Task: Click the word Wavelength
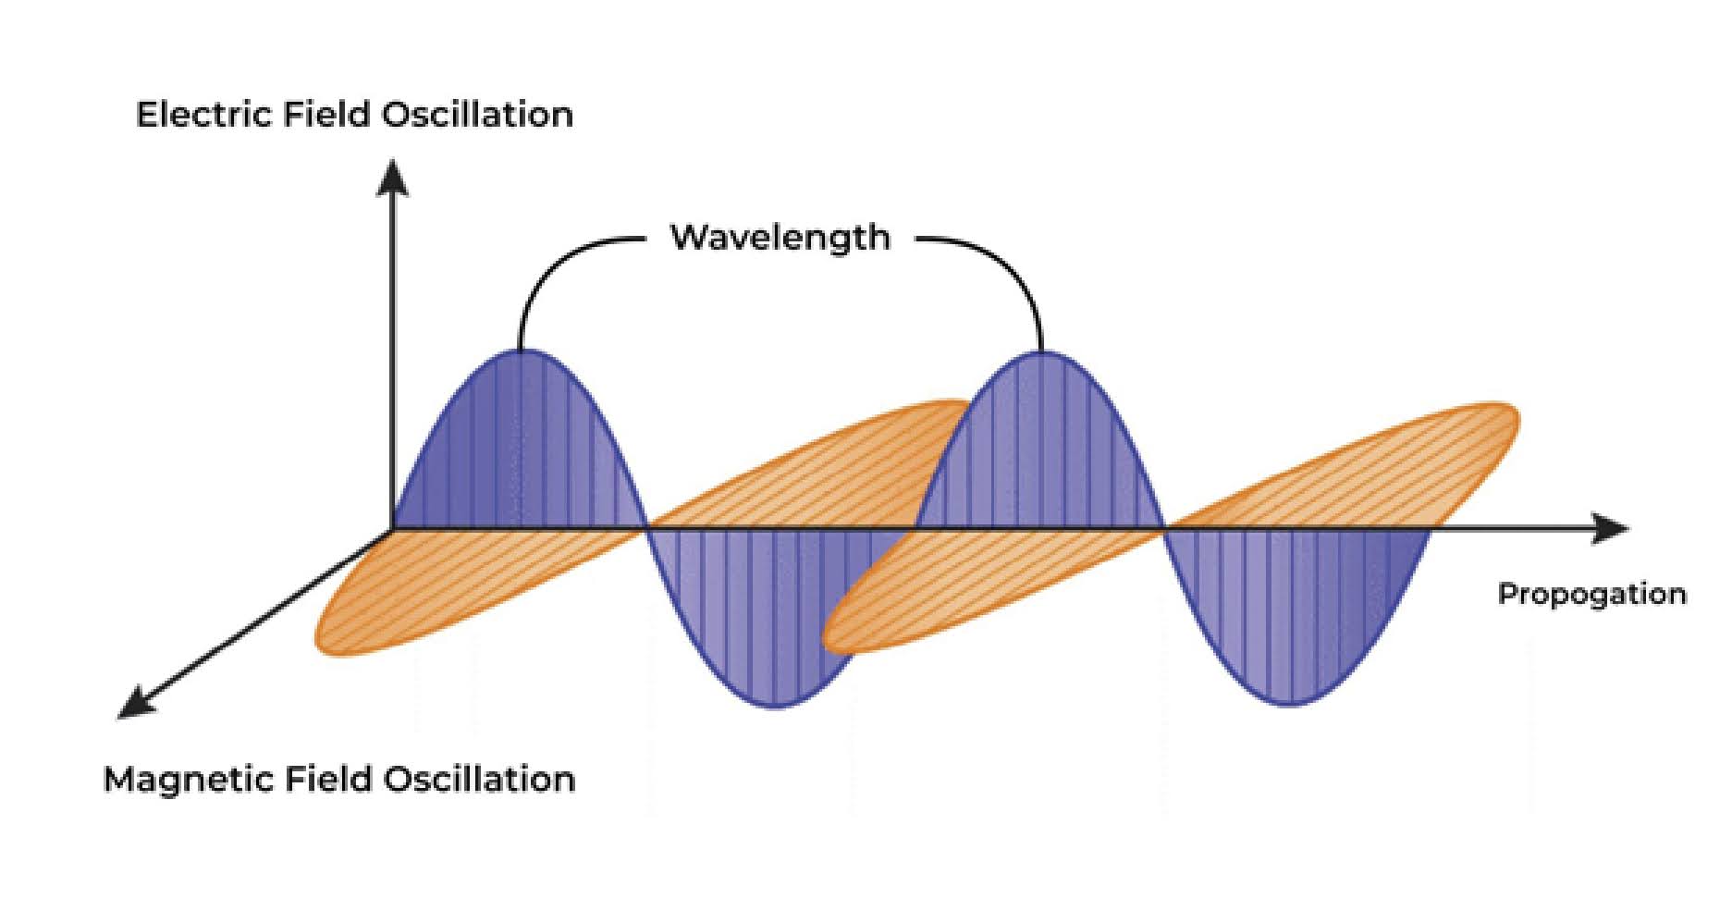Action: point(780,238)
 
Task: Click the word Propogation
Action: point(1591,594)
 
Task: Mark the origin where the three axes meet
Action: point(393,530)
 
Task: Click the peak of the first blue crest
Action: point(520,352)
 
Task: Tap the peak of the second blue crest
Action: point(1041,353)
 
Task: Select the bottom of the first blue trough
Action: point(775,707)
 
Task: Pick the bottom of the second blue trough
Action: point(1292,705)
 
